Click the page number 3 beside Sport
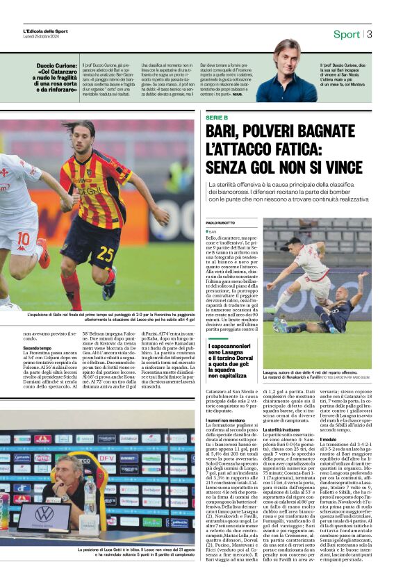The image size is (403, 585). pos(370,34)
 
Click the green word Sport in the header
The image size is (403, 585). pos(346,34)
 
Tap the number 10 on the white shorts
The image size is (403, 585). pos(23,238)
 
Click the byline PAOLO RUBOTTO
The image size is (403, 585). pos(222,222)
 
